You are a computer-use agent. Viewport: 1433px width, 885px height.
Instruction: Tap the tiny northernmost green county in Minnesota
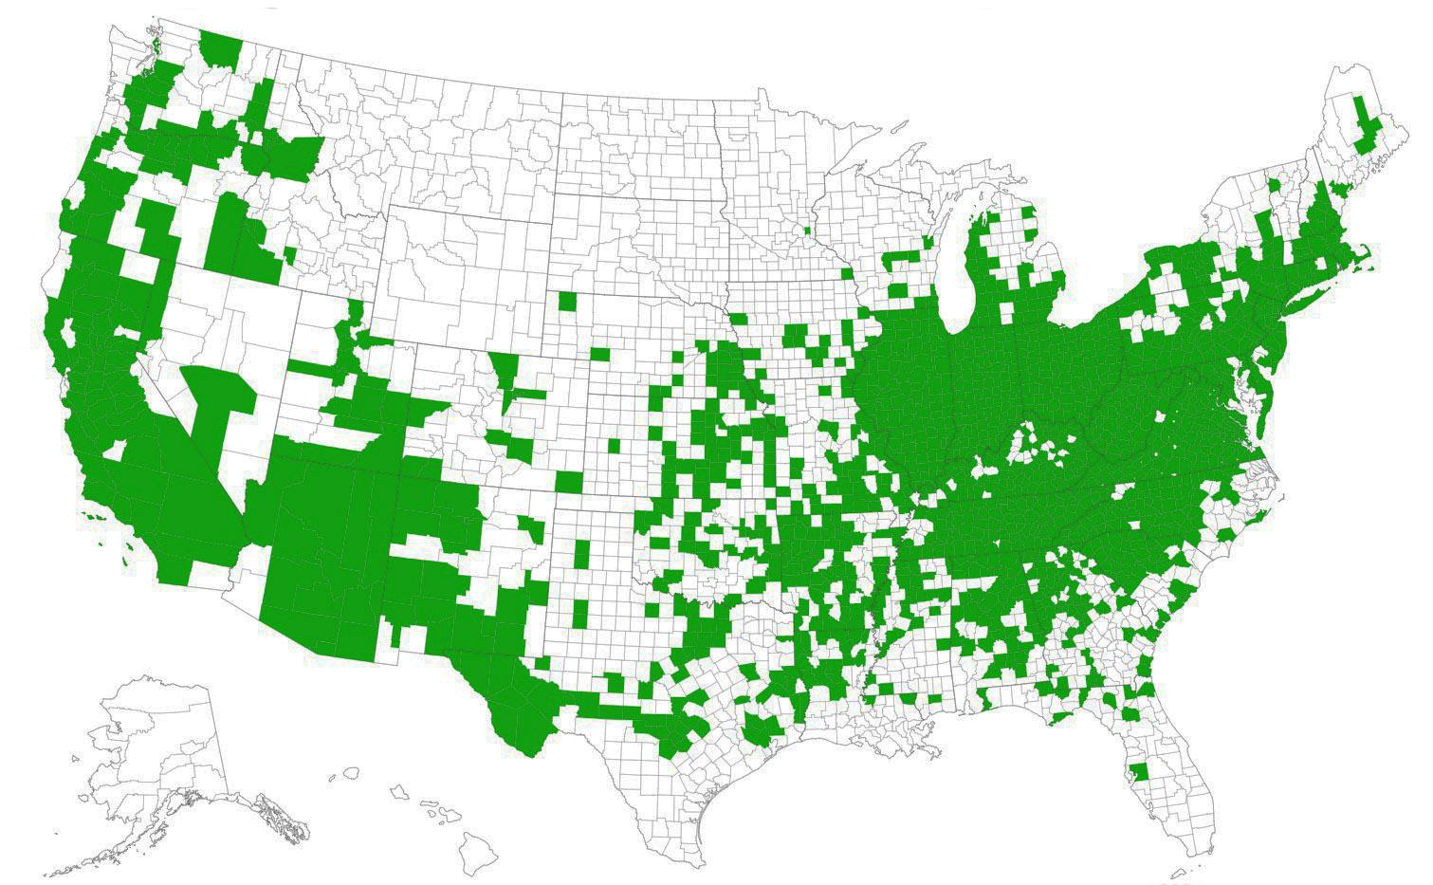coord(807,230)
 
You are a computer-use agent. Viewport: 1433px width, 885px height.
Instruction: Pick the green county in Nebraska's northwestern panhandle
coord(567,302)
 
